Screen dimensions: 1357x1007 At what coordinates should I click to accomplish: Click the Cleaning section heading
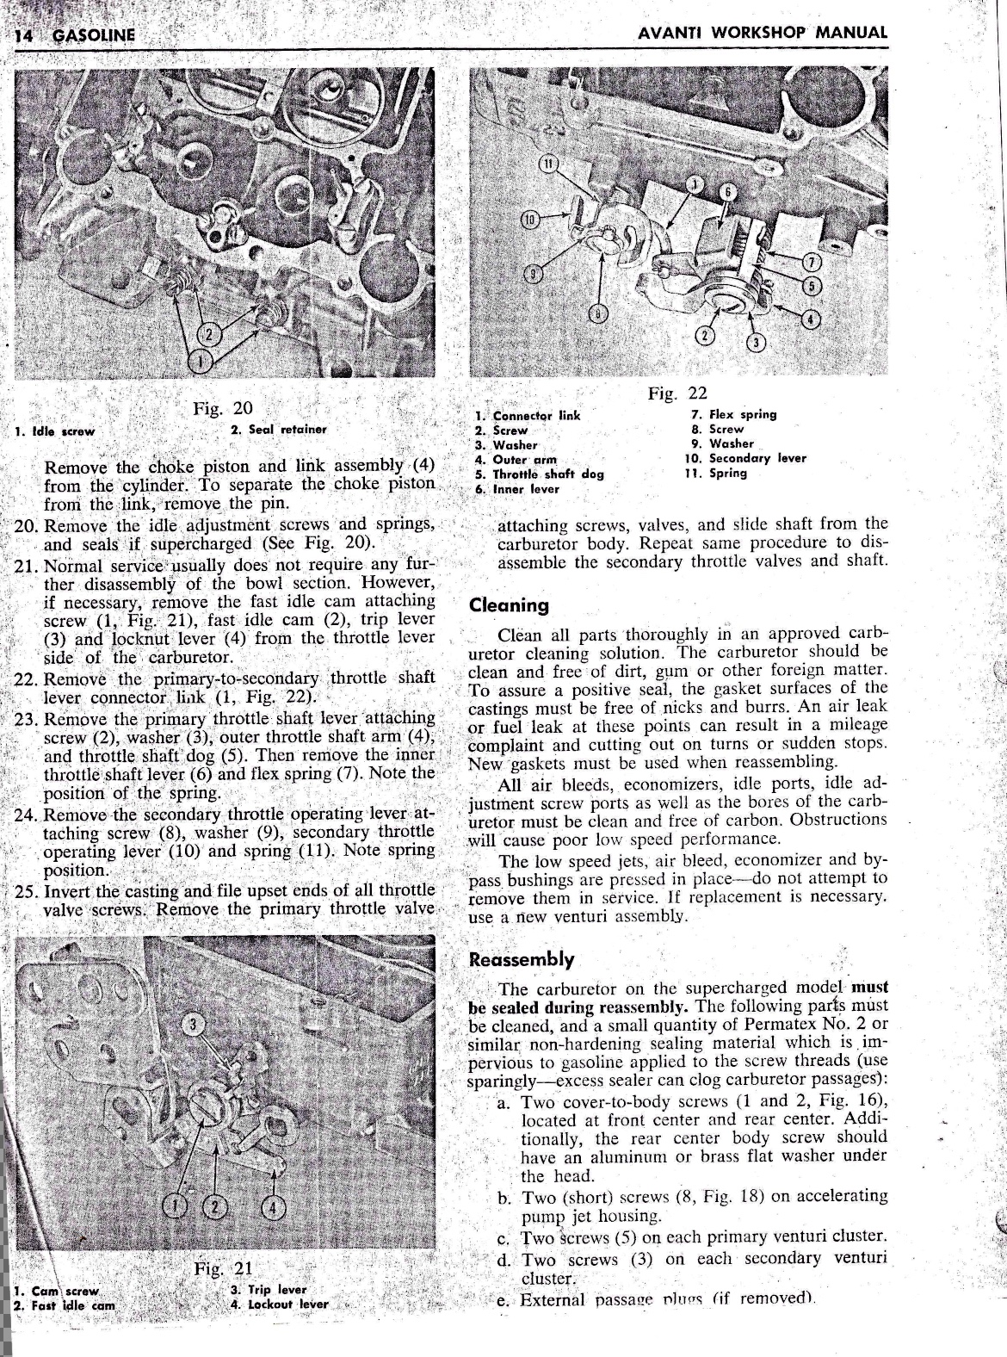click(509, 604)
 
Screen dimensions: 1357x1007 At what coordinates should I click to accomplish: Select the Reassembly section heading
click(521, 959)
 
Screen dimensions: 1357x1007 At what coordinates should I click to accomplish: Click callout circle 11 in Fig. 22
click(548, 164)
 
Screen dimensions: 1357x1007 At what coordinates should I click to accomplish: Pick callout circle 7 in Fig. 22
click(811, 262)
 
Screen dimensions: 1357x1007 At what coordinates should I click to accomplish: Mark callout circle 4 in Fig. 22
click(810, 319)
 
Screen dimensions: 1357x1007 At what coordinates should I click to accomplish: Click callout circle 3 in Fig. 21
click(195, 1024)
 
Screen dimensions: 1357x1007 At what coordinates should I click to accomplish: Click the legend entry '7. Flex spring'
click(727, 414)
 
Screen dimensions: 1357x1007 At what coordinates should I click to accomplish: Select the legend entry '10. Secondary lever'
click(743, 458)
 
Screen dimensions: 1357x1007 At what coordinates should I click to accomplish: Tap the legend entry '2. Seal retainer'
click(278, 429)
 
